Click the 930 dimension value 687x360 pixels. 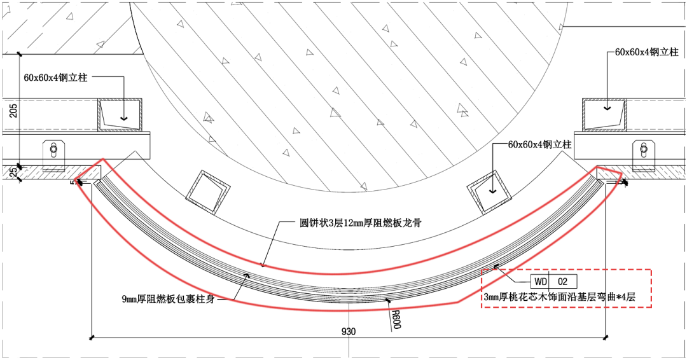(x=349, y=331)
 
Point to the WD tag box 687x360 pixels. (x=540, y=281)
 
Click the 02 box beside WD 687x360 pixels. (x=563, y=281)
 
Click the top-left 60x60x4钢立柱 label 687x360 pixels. (x=55, y=78)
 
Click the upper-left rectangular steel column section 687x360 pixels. (x=120, y=114)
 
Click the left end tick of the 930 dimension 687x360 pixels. (x=93, y=336)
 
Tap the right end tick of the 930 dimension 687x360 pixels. (x=606, y=336)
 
